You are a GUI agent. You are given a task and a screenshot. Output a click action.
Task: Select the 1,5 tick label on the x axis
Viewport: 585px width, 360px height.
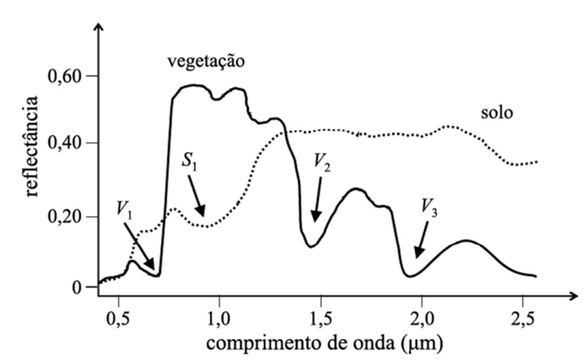(321, 318)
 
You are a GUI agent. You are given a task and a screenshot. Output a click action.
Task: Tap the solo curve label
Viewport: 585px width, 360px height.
(496, 112)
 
